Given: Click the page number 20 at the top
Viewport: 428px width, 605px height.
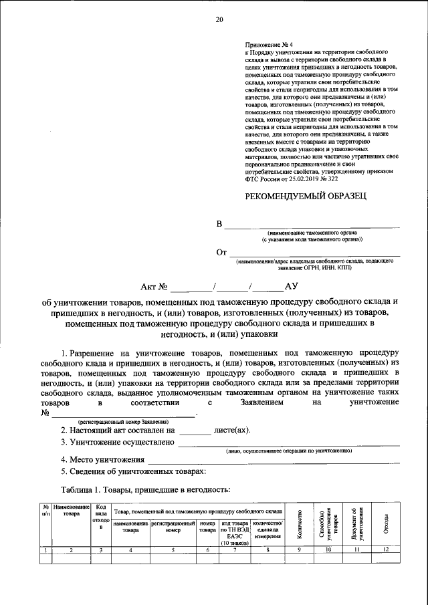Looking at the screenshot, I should coord(218,20).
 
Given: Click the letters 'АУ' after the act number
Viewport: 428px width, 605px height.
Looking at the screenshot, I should coord(291,287).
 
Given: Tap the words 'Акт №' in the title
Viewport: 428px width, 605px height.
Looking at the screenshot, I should coord(154,287).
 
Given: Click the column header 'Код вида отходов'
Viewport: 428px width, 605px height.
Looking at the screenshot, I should coord(100,517).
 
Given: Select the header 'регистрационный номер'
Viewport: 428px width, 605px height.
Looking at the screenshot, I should coord(173,526).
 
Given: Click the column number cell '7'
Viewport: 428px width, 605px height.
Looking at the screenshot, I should coord(234,550).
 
